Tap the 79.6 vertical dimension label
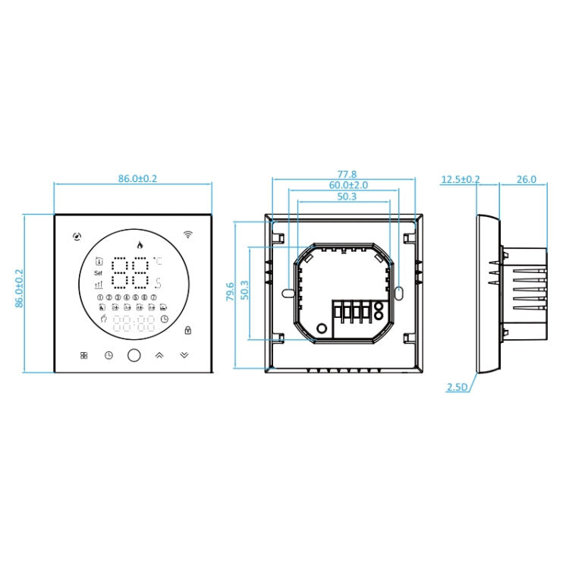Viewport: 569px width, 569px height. click(231, 294)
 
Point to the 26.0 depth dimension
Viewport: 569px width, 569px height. click(526, 179)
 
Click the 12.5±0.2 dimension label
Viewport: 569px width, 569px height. click(461, 179)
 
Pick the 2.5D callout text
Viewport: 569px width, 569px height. click(457, 387)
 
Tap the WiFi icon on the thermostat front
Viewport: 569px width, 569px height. click(188, 234)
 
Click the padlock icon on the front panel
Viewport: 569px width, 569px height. click(187, 329)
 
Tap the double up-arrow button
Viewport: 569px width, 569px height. click(159, 354)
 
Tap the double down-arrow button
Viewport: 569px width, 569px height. click(185, 354)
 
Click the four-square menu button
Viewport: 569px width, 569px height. click(83, 354)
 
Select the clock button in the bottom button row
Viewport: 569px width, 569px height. click(108, 354)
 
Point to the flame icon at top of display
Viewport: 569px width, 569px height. click(138, 244)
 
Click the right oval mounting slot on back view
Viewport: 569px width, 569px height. click(400, 291)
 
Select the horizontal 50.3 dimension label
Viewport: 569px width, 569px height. click(345, 196)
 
